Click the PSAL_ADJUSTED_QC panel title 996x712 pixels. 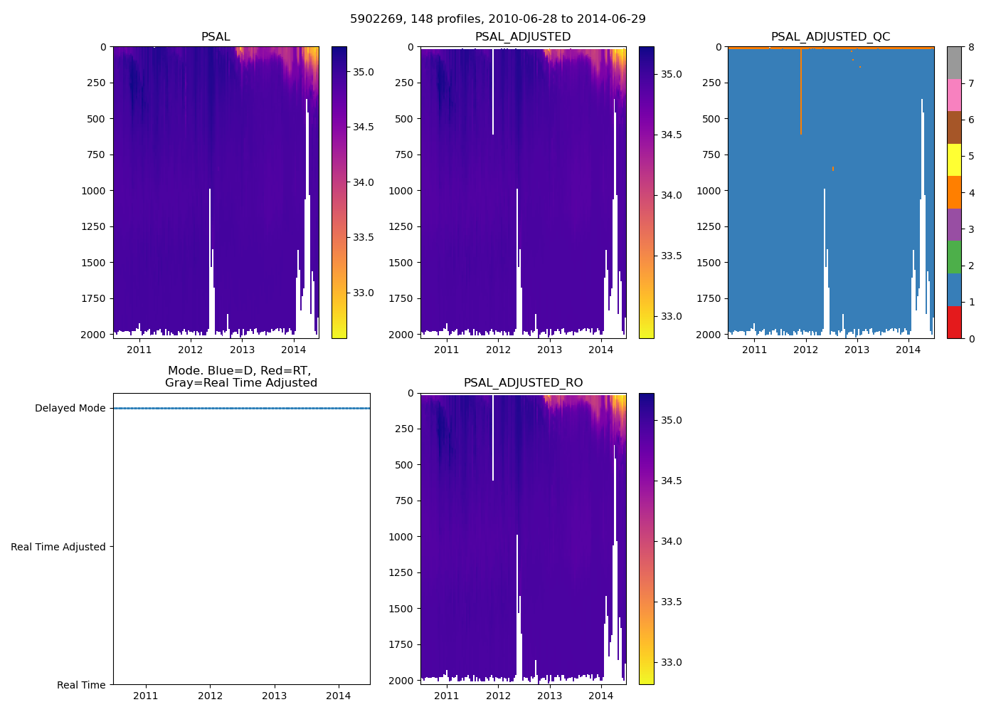[830, 37]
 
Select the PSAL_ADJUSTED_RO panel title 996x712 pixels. [523, 383]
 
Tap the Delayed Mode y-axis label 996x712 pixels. [70, 409]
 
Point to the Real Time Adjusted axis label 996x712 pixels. [58, 547]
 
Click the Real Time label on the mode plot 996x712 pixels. [81, 685]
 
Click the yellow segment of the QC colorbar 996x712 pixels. [954, 160]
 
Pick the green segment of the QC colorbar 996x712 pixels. [954, 257]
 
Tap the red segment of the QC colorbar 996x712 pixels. [954, 323]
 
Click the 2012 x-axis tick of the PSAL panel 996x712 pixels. [191, 350]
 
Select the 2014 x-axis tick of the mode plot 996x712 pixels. [339, 696]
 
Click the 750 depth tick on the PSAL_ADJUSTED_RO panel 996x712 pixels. [403, 501]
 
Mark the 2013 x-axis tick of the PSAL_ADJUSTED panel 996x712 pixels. [549, 350]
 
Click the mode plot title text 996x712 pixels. [240, 377]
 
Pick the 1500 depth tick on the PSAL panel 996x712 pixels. [96, 263]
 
